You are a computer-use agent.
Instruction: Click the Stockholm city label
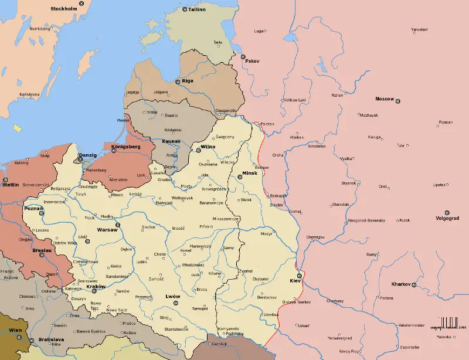click(64, 9)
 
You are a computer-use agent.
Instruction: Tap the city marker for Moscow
click(398, 101)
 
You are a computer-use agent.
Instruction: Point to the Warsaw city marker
click(118, 225)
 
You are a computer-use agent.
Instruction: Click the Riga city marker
click(178, 82)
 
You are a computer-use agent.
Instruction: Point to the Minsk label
click(250, 173)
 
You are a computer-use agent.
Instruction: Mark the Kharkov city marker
click(414, 285)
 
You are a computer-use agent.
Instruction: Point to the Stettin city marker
click(5, 179)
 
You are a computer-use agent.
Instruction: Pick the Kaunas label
click(171, 141)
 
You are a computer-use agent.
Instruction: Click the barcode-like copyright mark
click(449, 323)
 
